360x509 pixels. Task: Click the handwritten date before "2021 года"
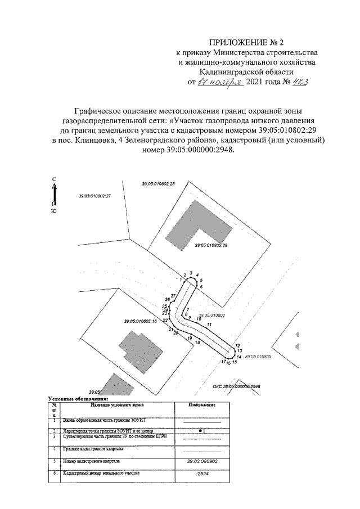tap(220, 82)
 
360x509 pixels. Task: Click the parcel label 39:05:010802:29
tap(210, 246)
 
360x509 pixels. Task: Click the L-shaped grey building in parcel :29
tap(197, 222)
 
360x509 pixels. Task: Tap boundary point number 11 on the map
tap(209, 325)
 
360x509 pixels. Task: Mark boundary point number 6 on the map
tap(201, 287)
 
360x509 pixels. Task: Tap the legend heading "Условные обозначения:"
tap(77, 398)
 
